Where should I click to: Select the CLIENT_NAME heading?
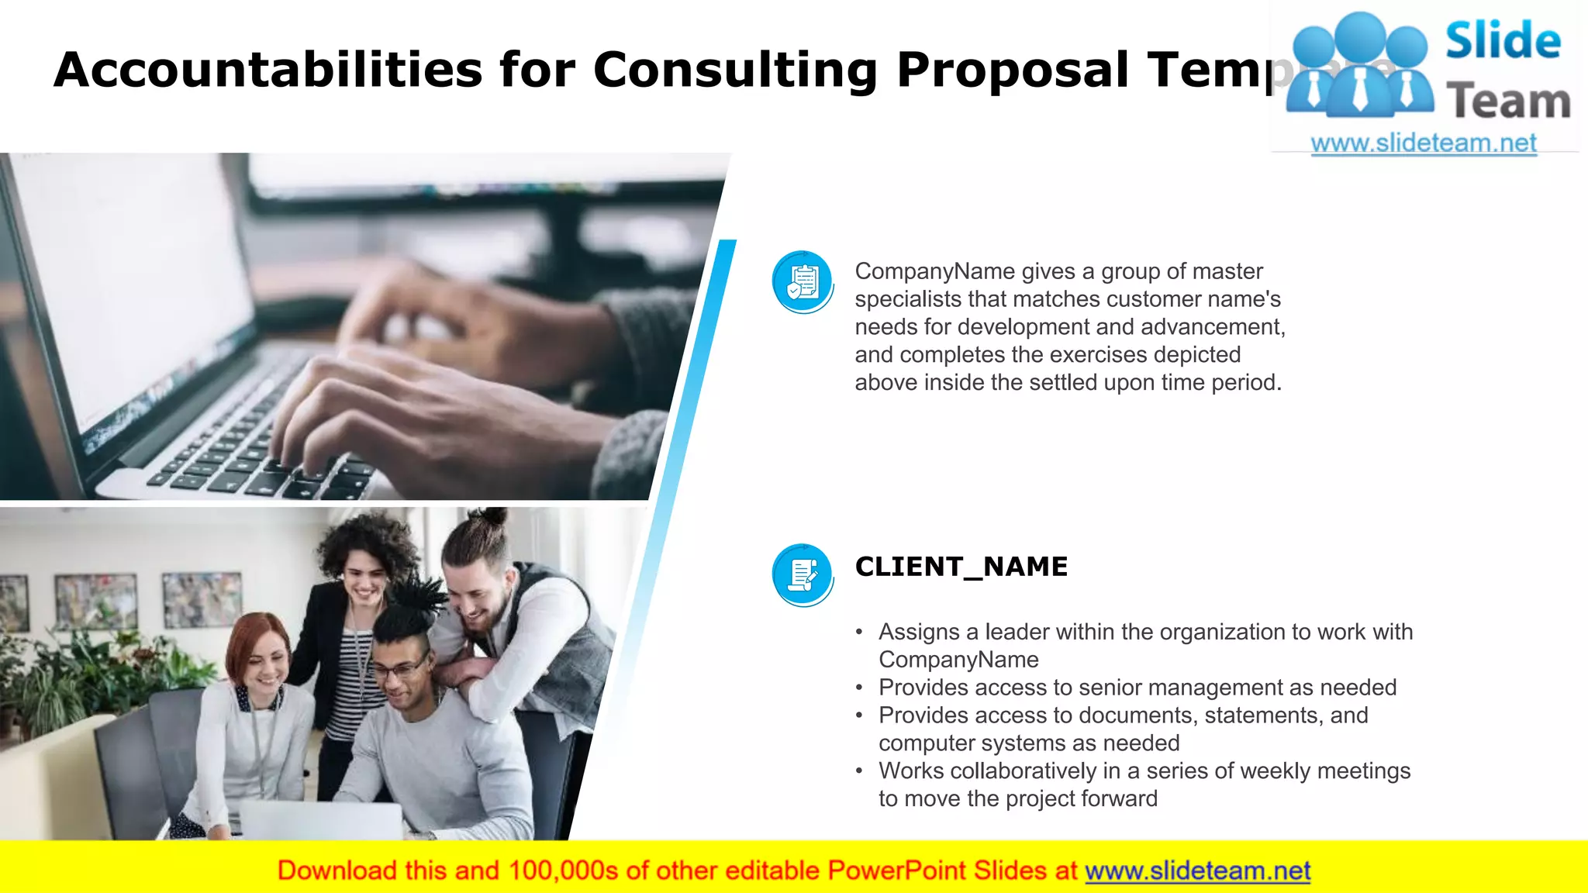[961, 567]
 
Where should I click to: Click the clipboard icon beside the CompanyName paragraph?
[803, 281]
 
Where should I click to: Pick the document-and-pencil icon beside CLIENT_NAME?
[803, 574]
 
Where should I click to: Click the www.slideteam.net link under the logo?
[1424, 143]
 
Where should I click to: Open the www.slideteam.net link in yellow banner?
[1197, 871]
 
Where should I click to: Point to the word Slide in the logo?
[1503, 41]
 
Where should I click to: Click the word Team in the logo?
[1508, 102]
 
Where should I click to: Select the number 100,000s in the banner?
[563, 871]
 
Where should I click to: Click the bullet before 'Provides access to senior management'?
[859, 688]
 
